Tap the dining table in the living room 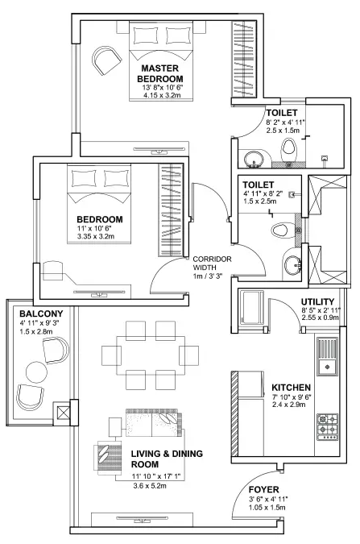151,354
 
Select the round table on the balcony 37,372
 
